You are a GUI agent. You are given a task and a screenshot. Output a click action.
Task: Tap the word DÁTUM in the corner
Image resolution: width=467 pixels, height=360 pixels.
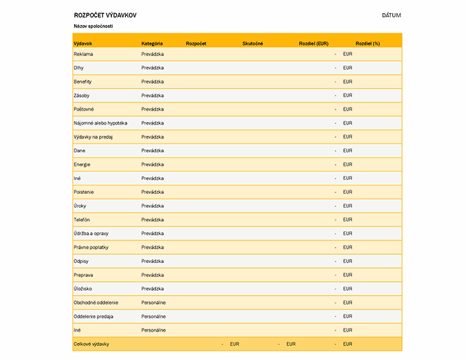(x=391, y=15)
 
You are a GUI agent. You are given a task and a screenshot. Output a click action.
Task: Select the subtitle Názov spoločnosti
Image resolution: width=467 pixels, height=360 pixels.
(x=93, y=26)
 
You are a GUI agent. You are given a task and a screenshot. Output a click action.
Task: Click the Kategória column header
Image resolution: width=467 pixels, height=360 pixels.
(x=152, y=44)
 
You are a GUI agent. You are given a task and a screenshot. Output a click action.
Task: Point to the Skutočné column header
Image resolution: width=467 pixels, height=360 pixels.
(x=253, y=44)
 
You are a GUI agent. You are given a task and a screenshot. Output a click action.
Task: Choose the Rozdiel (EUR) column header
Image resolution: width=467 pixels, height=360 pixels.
(x=313, y=44)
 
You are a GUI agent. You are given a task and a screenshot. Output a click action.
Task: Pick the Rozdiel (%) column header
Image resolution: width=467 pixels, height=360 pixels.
(x=367, y=44)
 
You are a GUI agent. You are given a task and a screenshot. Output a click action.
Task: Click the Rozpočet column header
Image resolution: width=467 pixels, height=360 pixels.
(x=196, y=44)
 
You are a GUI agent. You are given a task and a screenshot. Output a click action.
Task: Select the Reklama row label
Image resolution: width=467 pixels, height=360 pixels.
(x=83, y=54)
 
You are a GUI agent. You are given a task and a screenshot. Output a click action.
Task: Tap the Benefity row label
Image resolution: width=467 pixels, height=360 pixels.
(x=83, y=82)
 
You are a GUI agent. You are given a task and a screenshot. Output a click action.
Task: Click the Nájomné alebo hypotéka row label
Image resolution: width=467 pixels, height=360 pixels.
(x=100, y=123)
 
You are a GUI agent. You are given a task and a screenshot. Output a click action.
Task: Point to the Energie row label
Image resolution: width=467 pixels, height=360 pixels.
(x=82, y=165)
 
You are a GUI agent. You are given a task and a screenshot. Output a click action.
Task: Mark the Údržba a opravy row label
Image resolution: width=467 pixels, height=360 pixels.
(x=91, y=234)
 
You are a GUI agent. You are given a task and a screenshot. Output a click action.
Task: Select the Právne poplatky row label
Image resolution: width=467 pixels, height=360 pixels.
(x=91, y=248)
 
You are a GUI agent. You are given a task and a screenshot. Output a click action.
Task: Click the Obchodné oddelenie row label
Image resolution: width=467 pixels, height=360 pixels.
(x=95, y=303)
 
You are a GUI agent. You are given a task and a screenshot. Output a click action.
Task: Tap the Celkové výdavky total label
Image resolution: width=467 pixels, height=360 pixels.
(x=91, y=344)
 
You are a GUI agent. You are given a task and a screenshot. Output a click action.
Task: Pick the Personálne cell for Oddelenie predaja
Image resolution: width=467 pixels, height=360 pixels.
(x=154, y=316)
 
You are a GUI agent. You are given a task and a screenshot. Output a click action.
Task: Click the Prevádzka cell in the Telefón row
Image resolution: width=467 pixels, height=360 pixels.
(x=152, y=220)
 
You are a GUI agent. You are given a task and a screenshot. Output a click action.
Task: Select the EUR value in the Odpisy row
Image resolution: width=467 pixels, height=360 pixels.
(x=347, y=262)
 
